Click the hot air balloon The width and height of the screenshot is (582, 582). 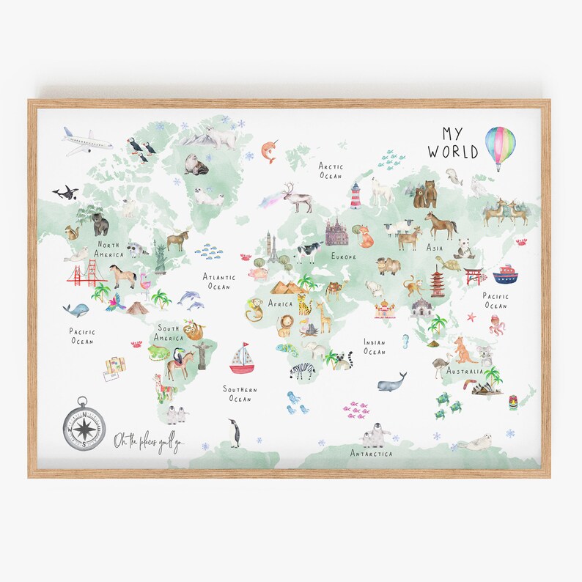pyautogui.click(x=501, y=146)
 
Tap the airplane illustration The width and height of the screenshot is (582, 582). pyautogui.click(x=87, y=141)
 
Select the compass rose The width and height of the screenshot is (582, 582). pyautogui.click(x=83, y=423)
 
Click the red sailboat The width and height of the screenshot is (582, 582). pyautogui.click(x=241, y=358)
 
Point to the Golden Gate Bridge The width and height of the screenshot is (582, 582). pyautogui.click(x=86, y=274)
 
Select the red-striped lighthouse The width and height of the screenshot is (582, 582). pyautogui.click(x=356, y=196)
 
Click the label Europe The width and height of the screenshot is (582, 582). pyautogui.click(x=343, y=257)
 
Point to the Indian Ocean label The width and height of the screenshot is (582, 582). pyautogui.click(x=374, y=347)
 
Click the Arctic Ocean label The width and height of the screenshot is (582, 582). pyautogui.click(x=330, y=171)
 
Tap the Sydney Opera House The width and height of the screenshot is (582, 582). pyautogui.click(x=487, y=386)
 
